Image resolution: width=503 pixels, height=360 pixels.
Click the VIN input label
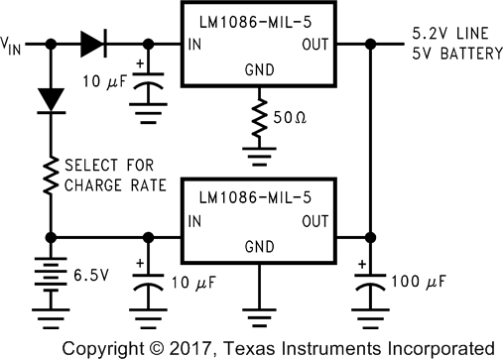16,45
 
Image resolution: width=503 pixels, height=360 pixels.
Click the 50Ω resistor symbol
260,117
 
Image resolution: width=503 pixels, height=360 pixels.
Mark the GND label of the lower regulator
259,245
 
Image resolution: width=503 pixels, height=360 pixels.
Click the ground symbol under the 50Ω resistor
260,151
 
